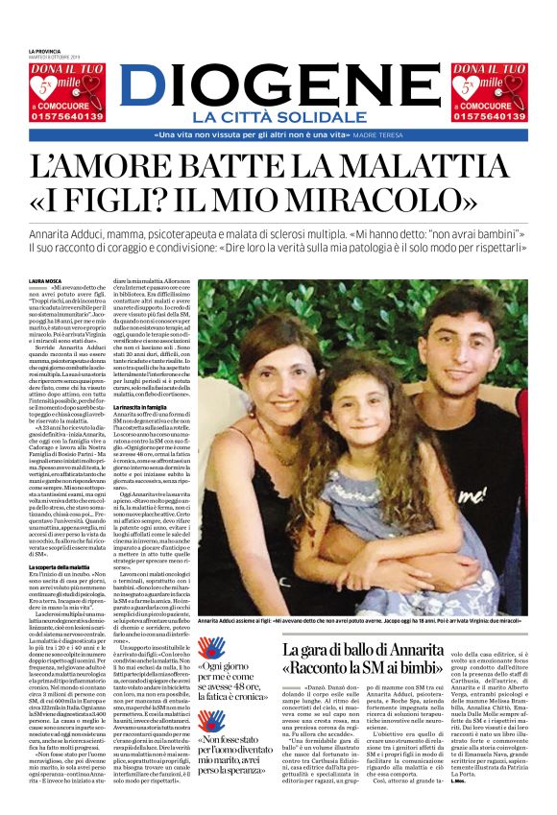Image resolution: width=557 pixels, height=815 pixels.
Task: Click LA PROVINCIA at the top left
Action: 44,51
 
